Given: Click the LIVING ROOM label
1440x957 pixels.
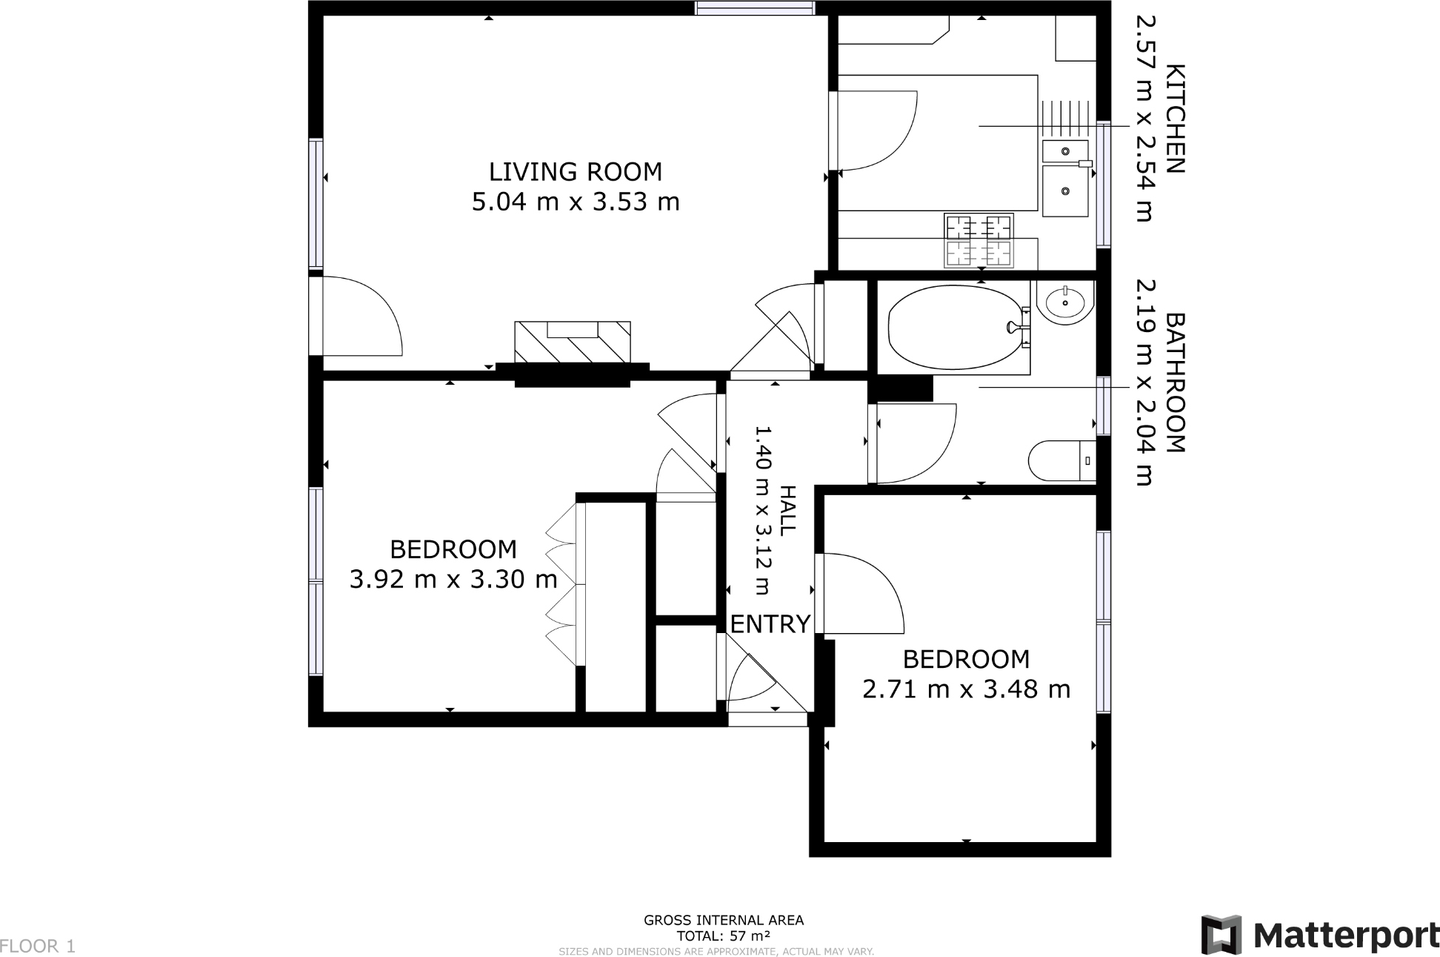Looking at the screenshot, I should (575, 172).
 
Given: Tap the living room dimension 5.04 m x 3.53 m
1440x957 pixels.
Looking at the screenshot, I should (575, 202).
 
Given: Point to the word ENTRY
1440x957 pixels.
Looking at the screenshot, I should (770, 624).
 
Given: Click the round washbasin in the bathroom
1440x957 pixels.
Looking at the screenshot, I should (1064, 302).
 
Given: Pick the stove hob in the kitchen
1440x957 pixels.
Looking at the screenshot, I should (979, 241).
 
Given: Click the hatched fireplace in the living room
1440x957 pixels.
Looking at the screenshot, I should (572, 342).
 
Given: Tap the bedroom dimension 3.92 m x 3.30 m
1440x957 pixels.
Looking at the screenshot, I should (453, 579).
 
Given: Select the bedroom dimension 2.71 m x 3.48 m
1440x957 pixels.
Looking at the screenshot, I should (966, 689).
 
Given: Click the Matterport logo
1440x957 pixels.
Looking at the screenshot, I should (1319, 936).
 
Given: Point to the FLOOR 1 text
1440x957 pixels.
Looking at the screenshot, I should (38, 946).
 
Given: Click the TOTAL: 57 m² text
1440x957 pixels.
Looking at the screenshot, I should (723, 936).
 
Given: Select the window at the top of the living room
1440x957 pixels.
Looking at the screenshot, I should (754, 8).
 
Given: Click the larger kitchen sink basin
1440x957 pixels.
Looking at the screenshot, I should (1064, 191).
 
